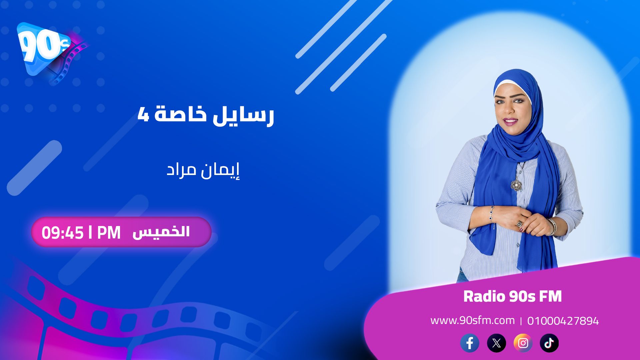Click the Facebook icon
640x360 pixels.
pyautogui.click(x=470, y=343)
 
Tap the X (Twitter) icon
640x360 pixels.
pyautogui.click(x=496, y=343)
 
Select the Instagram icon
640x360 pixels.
pyautogui.click(x=523, y=343)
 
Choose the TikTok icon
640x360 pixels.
pyautogui.click(x=549, y=343)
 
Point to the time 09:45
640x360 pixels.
pyautogui.click(x=62, y=233)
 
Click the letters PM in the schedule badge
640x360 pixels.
pyautogui.click(x=109, y=233)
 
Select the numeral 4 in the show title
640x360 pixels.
pyautogui.click(x=143, y=114)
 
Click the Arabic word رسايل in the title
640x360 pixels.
pyautogui.click(x=243, y=115)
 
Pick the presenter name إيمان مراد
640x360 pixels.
pyautogui.click(x=203, y=170)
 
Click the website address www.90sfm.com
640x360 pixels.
pyautogui.click(x=472, y=320)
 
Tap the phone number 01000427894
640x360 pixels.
pyautogui.click(x=563, y=321)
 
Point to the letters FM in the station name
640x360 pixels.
pyautogui.click(x=550, y=296)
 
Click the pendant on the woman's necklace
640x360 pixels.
pyautogui.click(x=516, y=184)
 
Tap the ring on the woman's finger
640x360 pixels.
pyautogui.click(x=520, y=223)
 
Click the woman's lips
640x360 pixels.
pyautogui.click(x=510, y=121)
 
